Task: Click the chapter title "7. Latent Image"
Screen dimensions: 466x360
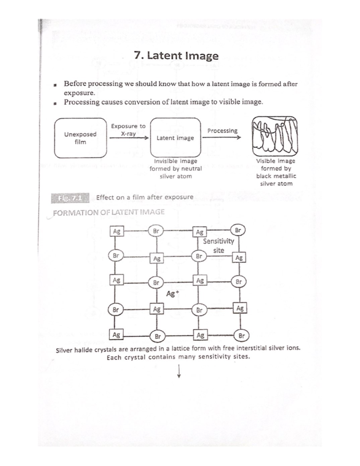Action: click(176, 56)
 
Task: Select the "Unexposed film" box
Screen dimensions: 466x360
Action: click(80, 138)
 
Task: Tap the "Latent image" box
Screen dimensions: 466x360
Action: click(175, 138)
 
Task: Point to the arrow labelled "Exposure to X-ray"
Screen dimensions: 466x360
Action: click(129, 138)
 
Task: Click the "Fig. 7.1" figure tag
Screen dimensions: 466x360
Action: click(70, 198)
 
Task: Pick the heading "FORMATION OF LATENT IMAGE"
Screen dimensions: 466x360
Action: click(109, 212)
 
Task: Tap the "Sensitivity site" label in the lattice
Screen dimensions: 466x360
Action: click(218, 245)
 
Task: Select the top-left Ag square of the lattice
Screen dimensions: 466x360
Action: click(117, 231)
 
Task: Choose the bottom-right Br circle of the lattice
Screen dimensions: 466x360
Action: click(241, 336)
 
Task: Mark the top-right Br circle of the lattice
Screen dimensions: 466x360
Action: click(238, 230)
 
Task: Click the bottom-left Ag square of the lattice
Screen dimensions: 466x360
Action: click(116, 335)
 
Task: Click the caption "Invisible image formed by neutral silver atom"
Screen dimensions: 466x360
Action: click(175, 169)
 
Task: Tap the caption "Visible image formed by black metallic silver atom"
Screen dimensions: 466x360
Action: click(276, 172)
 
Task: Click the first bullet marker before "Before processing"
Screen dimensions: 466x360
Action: click(55, 85)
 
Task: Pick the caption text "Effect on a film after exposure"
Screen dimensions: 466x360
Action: click(145, 197)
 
